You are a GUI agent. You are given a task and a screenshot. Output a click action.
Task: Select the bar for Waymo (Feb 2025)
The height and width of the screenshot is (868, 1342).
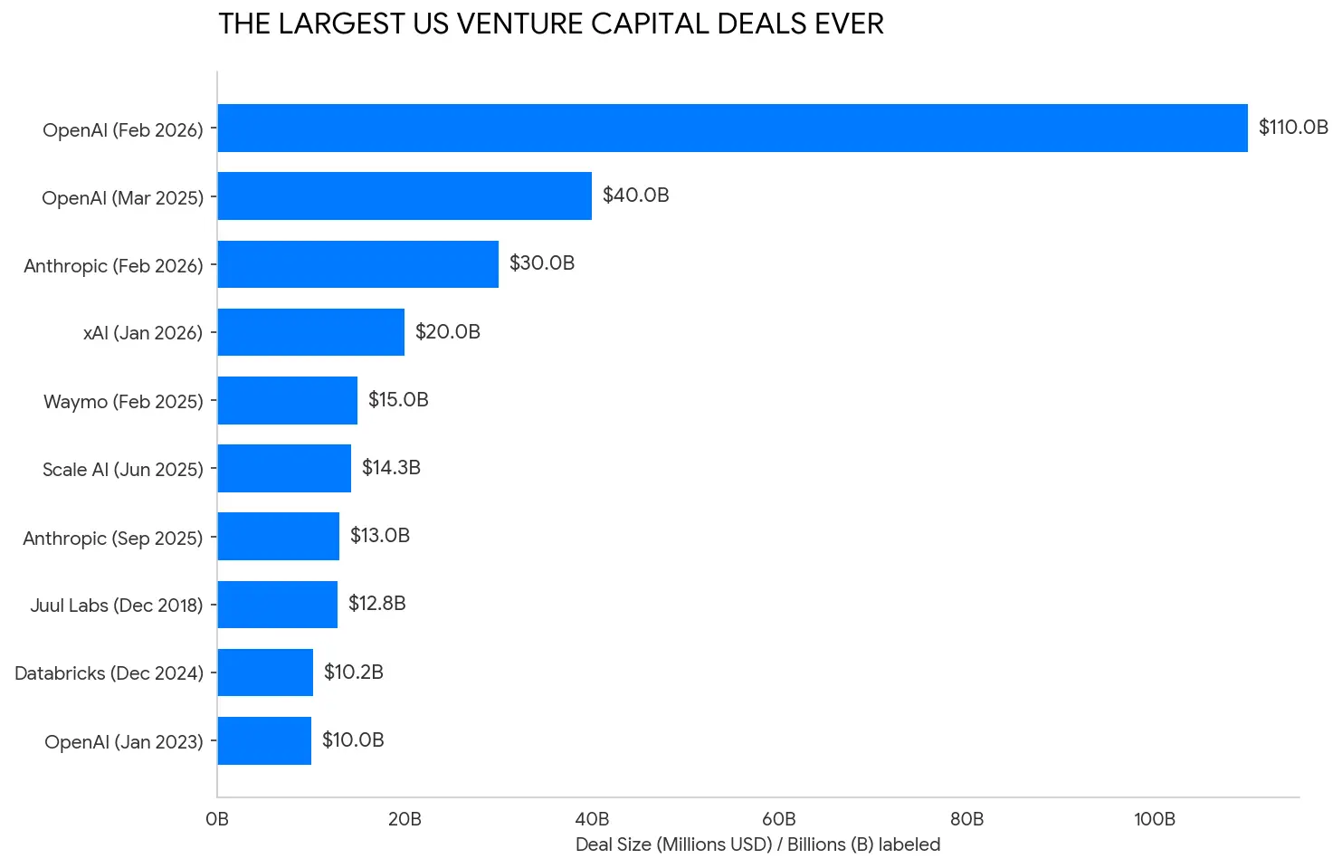click(288, 400)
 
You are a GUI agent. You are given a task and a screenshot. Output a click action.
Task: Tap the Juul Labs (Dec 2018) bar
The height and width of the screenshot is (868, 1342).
click(278, 605)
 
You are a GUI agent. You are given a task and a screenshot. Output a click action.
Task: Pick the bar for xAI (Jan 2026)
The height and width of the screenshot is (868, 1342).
click(311, 332)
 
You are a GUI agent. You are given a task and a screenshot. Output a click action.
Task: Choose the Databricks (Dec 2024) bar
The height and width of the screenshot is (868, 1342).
click(265, 672)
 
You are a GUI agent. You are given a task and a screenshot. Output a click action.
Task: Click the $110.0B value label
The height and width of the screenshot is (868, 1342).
click(1292, 128)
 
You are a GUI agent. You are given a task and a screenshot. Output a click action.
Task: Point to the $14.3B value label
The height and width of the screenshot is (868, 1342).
click(391, 468)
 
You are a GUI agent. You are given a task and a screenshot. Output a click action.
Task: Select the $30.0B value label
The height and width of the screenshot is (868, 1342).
click(541, 263)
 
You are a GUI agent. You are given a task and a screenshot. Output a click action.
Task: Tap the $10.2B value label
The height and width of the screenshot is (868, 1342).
click(353, 672)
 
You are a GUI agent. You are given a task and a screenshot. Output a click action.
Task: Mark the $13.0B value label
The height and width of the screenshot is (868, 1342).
click(379, 536)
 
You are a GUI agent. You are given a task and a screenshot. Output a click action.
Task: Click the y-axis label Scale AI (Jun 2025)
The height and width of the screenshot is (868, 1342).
click(122, 470)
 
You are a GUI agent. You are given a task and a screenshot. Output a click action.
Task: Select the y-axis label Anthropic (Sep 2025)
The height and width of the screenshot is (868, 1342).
click(112, 539)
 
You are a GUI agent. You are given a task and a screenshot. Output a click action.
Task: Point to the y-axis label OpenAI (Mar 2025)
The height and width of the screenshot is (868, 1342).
click(122, 198)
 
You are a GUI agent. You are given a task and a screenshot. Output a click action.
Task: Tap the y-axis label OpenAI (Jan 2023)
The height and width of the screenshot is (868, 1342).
click(123, 742)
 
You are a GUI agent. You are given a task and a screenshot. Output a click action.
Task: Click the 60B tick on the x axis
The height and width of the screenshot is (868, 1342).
click(779, 820)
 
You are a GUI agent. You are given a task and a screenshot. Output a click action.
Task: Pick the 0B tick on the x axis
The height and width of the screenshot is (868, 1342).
click(217, 820)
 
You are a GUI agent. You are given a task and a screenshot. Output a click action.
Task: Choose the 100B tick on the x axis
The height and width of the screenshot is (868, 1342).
click(1154, 820)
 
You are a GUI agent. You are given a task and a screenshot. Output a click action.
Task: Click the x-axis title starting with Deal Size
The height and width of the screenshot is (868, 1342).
click(757, 845)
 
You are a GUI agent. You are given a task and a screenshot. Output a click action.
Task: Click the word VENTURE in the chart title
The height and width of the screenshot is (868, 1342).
click(519, 24)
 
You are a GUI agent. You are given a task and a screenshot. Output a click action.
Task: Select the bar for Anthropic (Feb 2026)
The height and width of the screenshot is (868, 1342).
click(358, 264)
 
